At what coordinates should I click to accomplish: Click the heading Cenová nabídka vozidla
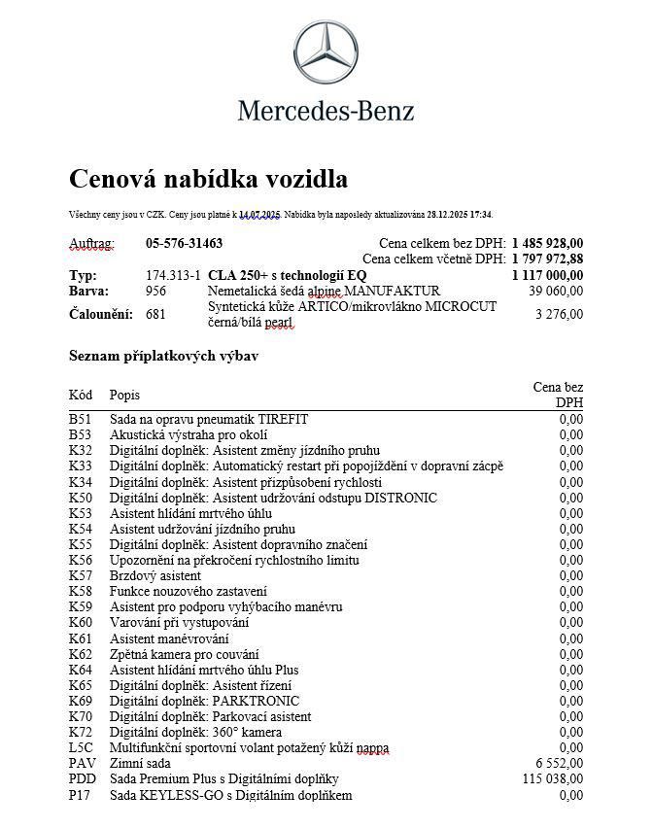pyautogui.click(x=208, y=179)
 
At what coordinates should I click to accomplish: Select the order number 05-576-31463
pyautogui.click(x=184, y=243)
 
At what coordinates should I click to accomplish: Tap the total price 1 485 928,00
pyautogui.click(x=547, y=243)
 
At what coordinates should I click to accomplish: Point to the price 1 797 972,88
pyautogui.click(x=547, y=259)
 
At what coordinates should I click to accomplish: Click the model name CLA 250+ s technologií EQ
pyautogui.click(x=287, y=275)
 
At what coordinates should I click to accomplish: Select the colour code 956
pyautogui.click(x=155, y=291)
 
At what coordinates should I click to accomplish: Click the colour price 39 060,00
pyautogui.click(x=556, y=291)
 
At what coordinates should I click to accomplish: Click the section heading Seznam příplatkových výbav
pyautogui.click(x=163, y=356)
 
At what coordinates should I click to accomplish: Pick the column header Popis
pyautogui.click(x=124, y=395)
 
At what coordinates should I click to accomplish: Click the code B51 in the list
pyautogui.click(x=80, y=419)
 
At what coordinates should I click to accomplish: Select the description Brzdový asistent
pyautogui.click(x=155, y=575)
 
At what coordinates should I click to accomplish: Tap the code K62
pyautogui.click(x=80, y=654)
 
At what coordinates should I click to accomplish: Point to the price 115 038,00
pyautogui.click(x=553, y=778)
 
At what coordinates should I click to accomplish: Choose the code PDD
pyautogui.click(x=83, y=778)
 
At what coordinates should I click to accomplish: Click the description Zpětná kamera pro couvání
pyautogui.click(x=185, y=654)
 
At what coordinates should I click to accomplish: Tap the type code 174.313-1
pyautogui.click(x=173, y=275)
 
